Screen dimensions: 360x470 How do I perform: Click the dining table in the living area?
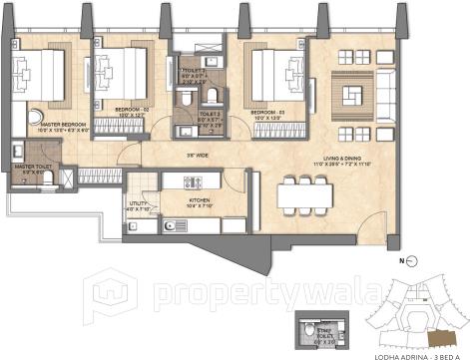[x=304, y=191]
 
